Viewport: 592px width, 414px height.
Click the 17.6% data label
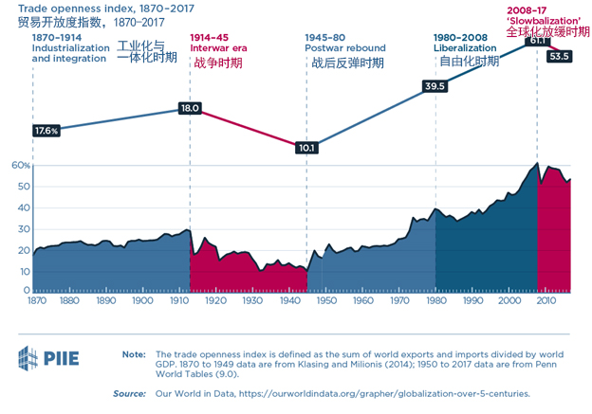pyautogui.click(x=46, y=130)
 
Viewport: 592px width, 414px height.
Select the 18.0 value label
pyautogui.click(x=190, y=109)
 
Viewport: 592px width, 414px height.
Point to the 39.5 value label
pyautogui.click(x=435, y=86)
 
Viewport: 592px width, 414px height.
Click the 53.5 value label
pyautogui.click(x=560, y=56)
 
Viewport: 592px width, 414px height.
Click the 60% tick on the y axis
pyautogui.click(x=22, y=165)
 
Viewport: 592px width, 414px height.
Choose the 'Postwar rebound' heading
pyautogui.click(x=345, y=47)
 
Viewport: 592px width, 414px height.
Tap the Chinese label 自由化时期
pyautogui.click(x=468, y=63)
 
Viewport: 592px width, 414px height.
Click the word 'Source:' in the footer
pyautogui.click(x=129, y=392)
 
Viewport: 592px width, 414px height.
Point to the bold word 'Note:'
pyautogui.click(x=134, y=354)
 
